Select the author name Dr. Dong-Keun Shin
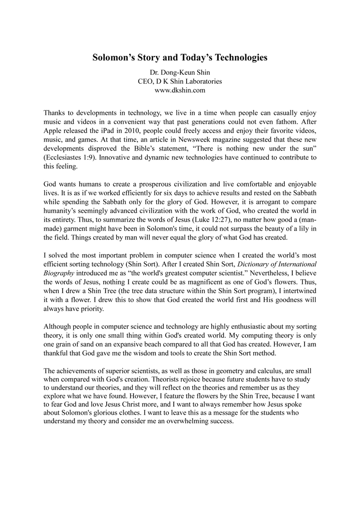[180, 73]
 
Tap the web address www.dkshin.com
[180, 90]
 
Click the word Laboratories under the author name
[196, 81]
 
